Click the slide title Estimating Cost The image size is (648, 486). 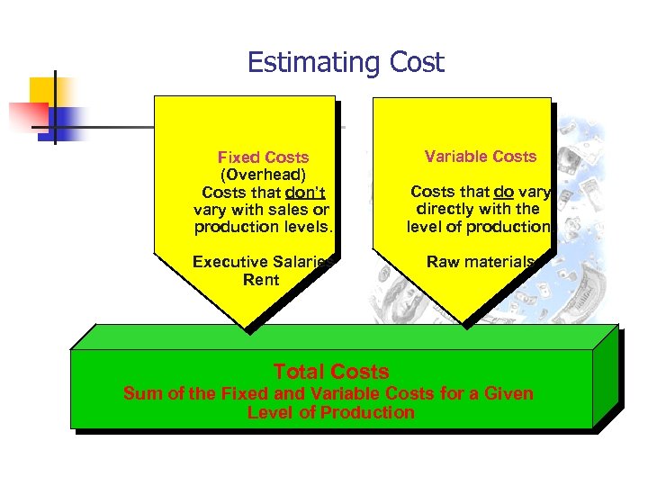[346, 62]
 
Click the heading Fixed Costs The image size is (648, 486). [263, 157]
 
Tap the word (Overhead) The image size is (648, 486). [263, 175]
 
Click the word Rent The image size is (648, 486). [261, 280]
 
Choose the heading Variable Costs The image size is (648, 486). [481, 157]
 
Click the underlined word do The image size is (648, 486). [503, 192]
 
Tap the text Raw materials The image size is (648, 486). [481, 262]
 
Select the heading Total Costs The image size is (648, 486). [330, 372]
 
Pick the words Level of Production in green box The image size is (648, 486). [330, 413]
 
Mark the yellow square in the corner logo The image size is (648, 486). [43, 90]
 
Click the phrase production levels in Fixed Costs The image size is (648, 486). [263, 227]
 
